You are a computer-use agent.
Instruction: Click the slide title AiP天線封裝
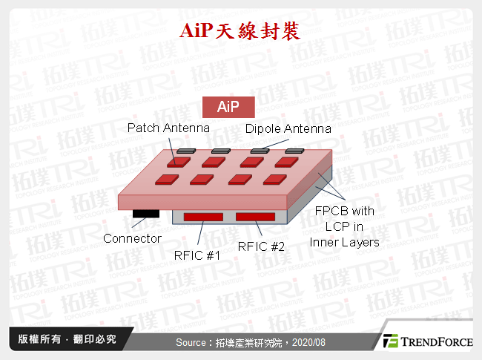tap(241, 30)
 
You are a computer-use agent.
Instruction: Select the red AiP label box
tap(228, 108)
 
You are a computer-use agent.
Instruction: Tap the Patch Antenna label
tap(168, 128)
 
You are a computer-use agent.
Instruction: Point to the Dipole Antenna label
tap(288, 129)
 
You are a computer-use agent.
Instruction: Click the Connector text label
tap(132, 238)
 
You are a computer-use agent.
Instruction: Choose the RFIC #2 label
tap(260, 246)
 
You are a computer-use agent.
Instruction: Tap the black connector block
tap(145, 215)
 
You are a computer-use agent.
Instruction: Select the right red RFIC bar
tap(256, 216)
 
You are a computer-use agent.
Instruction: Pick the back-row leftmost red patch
tap(176, 161)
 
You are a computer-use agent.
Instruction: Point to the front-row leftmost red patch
tap(165, 179)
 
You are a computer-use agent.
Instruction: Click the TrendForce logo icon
tap(392, 341)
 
